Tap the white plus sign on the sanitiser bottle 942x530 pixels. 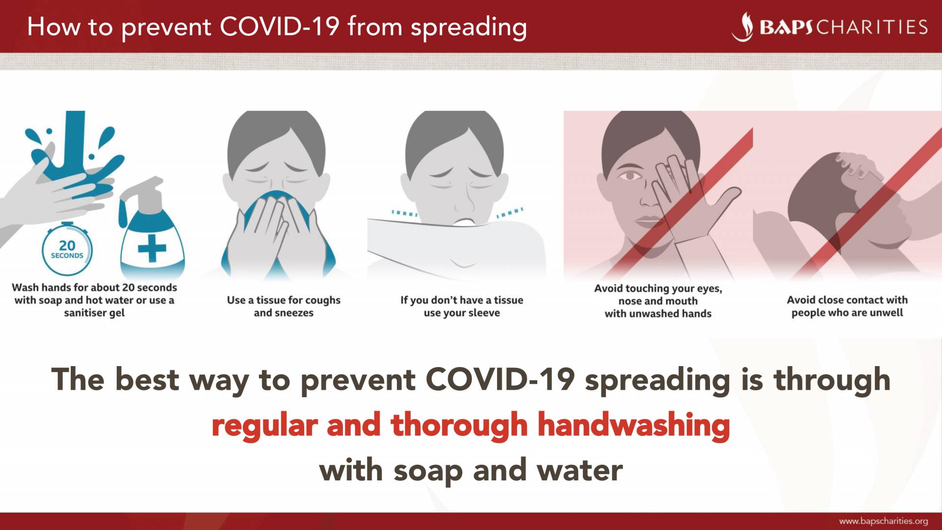[152, 248]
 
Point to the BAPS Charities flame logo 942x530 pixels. [743, 27]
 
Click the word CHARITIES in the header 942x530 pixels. [872, 27]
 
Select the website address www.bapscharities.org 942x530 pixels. [883, 521]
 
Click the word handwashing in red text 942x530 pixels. [634, 424]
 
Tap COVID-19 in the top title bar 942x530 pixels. [279, 26]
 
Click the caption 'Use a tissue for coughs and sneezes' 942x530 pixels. [284, 306]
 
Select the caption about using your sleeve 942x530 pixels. [462, 306]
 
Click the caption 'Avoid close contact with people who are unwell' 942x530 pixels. [847, 306]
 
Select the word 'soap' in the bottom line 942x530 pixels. [428, 471]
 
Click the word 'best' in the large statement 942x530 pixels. [147, 379]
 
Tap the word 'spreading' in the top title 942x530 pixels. [469, 27]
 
